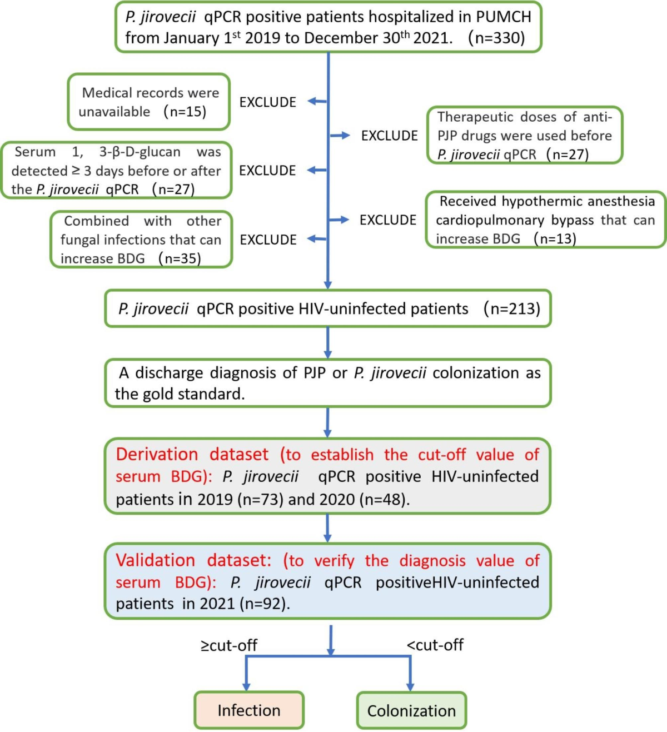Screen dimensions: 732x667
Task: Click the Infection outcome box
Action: [249, 710]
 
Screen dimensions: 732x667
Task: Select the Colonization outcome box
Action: [411, 711]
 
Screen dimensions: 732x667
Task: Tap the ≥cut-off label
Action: [229, 645]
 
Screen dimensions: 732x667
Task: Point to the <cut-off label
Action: [435, 645]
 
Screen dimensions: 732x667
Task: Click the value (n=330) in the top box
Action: [496, 38]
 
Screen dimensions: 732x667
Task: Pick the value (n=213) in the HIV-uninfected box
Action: [511, 308]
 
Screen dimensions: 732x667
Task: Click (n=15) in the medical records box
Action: [185, 112]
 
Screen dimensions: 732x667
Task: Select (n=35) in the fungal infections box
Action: [180, 258]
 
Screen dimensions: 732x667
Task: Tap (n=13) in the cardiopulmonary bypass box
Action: [555, 239]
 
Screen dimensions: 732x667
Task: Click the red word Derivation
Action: [157, 455]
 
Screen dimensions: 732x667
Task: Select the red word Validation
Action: [155, 560]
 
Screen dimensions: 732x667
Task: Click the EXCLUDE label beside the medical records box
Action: [267, 102]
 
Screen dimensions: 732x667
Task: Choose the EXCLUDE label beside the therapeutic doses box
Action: [389, 136]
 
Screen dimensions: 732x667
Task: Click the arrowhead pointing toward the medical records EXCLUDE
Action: [312, 101]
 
